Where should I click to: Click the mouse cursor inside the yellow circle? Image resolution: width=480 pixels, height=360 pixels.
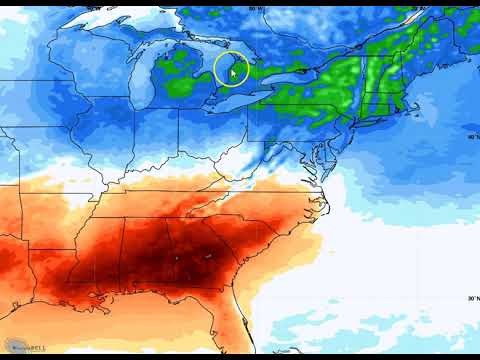pos(233,71)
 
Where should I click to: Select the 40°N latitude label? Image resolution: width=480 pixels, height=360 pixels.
pos(471,137)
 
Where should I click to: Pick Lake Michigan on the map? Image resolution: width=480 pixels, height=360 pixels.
pos(149,85)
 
